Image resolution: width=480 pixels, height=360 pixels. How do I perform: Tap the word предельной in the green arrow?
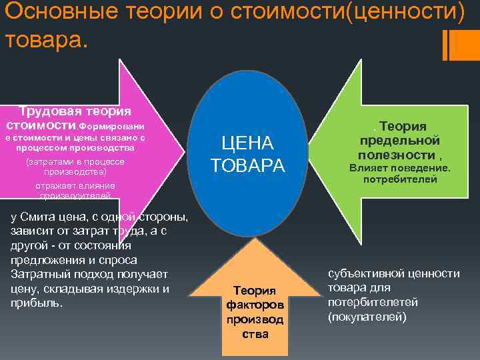pos(399,140)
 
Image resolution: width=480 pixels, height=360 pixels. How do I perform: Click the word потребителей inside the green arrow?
pos(399,179)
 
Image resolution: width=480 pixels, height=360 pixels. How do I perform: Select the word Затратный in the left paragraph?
pos(41,274)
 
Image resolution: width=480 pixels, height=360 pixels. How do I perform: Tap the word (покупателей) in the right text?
pos(366,317)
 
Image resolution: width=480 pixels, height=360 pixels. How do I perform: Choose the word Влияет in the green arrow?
pos(369,167)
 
